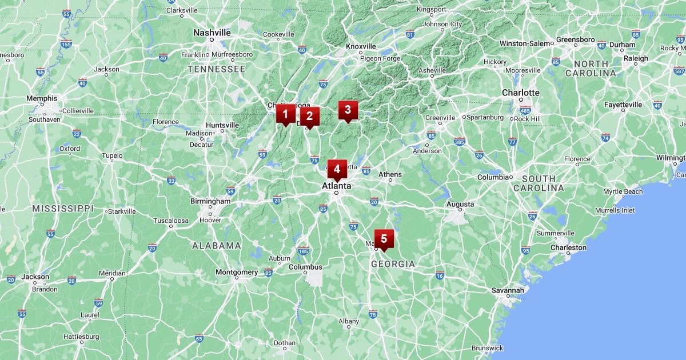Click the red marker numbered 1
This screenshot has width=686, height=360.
[x=285, y=114]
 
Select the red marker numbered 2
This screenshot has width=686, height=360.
[x=309, y=117]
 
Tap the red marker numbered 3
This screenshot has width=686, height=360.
[x=348, y=110]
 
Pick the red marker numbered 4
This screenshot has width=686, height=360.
[x=337, y=169]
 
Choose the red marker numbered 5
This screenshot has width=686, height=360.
[x=384, y=239]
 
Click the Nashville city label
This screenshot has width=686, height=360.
[x=212, y=33]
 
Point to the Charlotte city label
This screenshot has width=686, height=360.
[x=520, y=93]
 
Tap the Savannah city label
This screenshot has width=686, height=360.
[x=508, y=290]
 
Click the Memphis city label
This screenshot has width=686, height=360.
[x=42, y=98]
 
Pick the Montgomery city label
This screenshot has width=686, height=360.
[x=237, y=272]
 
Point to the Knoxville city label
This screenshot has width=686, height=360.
[x=361, y=46]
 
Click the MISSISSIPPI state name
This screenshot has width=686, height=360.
[x=63, y=209]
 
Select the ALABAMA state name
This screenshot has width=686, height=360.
[x=217, y=246]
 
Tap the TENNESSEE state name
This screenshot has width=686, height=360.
[x=217, y=69]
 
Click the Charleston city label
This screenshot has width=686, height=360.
[x=568, y=247]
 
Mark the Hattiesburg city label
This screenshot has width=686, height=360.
[x=81, y=337]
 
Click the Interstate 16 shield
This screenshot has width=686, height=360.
[x=440, y=275]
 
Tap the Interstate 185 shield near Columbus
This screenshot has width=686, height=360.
[x=303, y=251]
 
